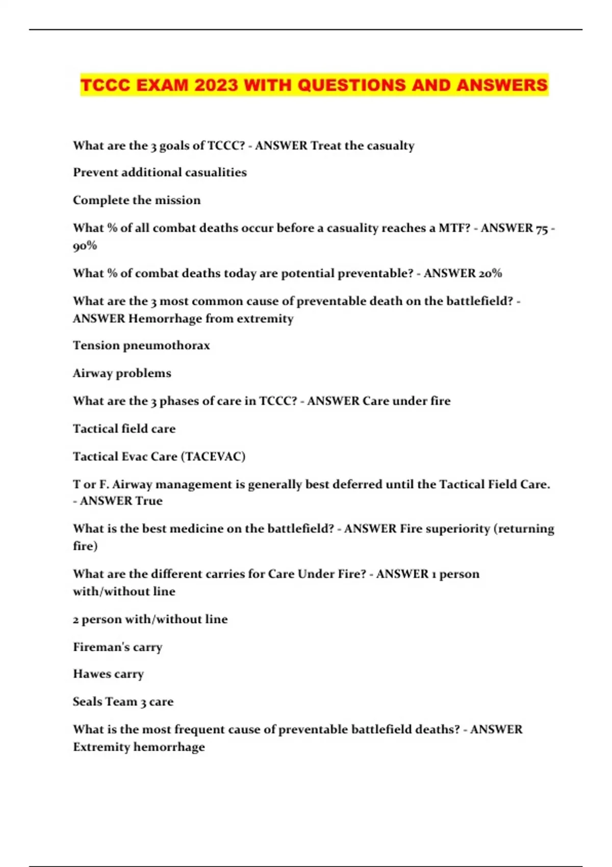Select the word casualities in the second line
click(216, 172)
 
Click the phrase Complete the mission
click(137, 200)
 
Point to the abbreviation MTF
click(453, 227)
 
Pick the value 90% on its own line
click(85, 245)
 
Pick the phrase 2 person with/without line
click(150, 619)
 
